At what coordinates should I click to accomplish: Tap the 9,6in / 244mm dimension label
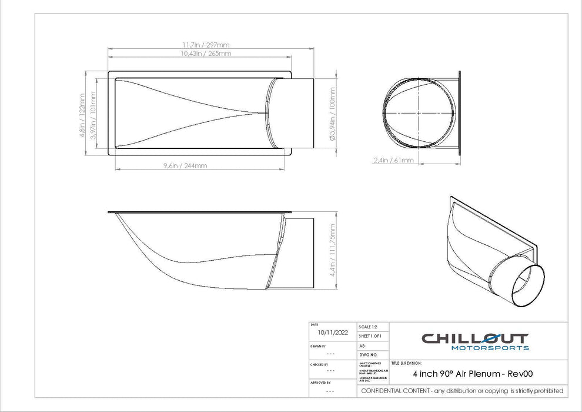185,166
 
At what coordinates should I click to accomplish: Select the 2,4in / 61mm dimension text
393,160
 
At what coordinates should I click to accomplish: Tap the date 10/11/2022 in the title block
333,333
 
